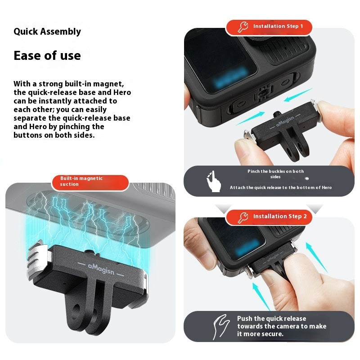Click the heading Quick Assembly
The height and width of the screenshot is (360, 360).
click(47, 31)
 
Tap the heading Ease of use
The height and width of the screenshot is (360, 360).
click(47, 55)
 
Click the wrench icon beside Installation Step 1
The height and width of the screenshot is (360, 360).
click(243, 27)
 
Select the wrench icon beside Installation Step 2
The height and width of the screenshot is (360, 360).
click(243, 217)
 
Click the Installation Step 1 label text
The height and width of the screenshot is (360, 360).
click(278, 26)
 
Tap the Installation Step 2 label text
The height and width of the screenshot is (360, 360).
click(280, 216)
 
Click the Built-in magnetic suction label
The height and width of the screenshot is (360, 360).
click(81, 181)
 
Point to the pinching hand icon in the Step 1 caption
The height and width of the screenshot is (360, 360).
click(213, 181)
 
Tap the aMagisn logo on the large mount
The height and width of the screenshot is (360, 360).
click(101, 269)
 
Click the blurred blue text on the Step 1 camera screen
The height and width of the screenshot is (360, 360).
click(230, 77)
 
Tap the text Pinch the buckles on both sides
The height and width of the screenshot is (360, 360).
click(275, 174)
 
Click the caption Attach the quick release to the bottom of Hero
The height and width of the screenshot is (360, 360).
click(281, 188)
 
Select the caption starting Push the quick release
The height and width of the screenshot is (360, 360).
click(282, 326)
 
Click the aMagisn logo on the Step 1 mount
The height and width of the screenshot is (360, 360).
click(285, 121)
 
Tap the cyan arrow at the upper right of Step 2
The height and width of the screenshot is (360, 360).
click(316, 257)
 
